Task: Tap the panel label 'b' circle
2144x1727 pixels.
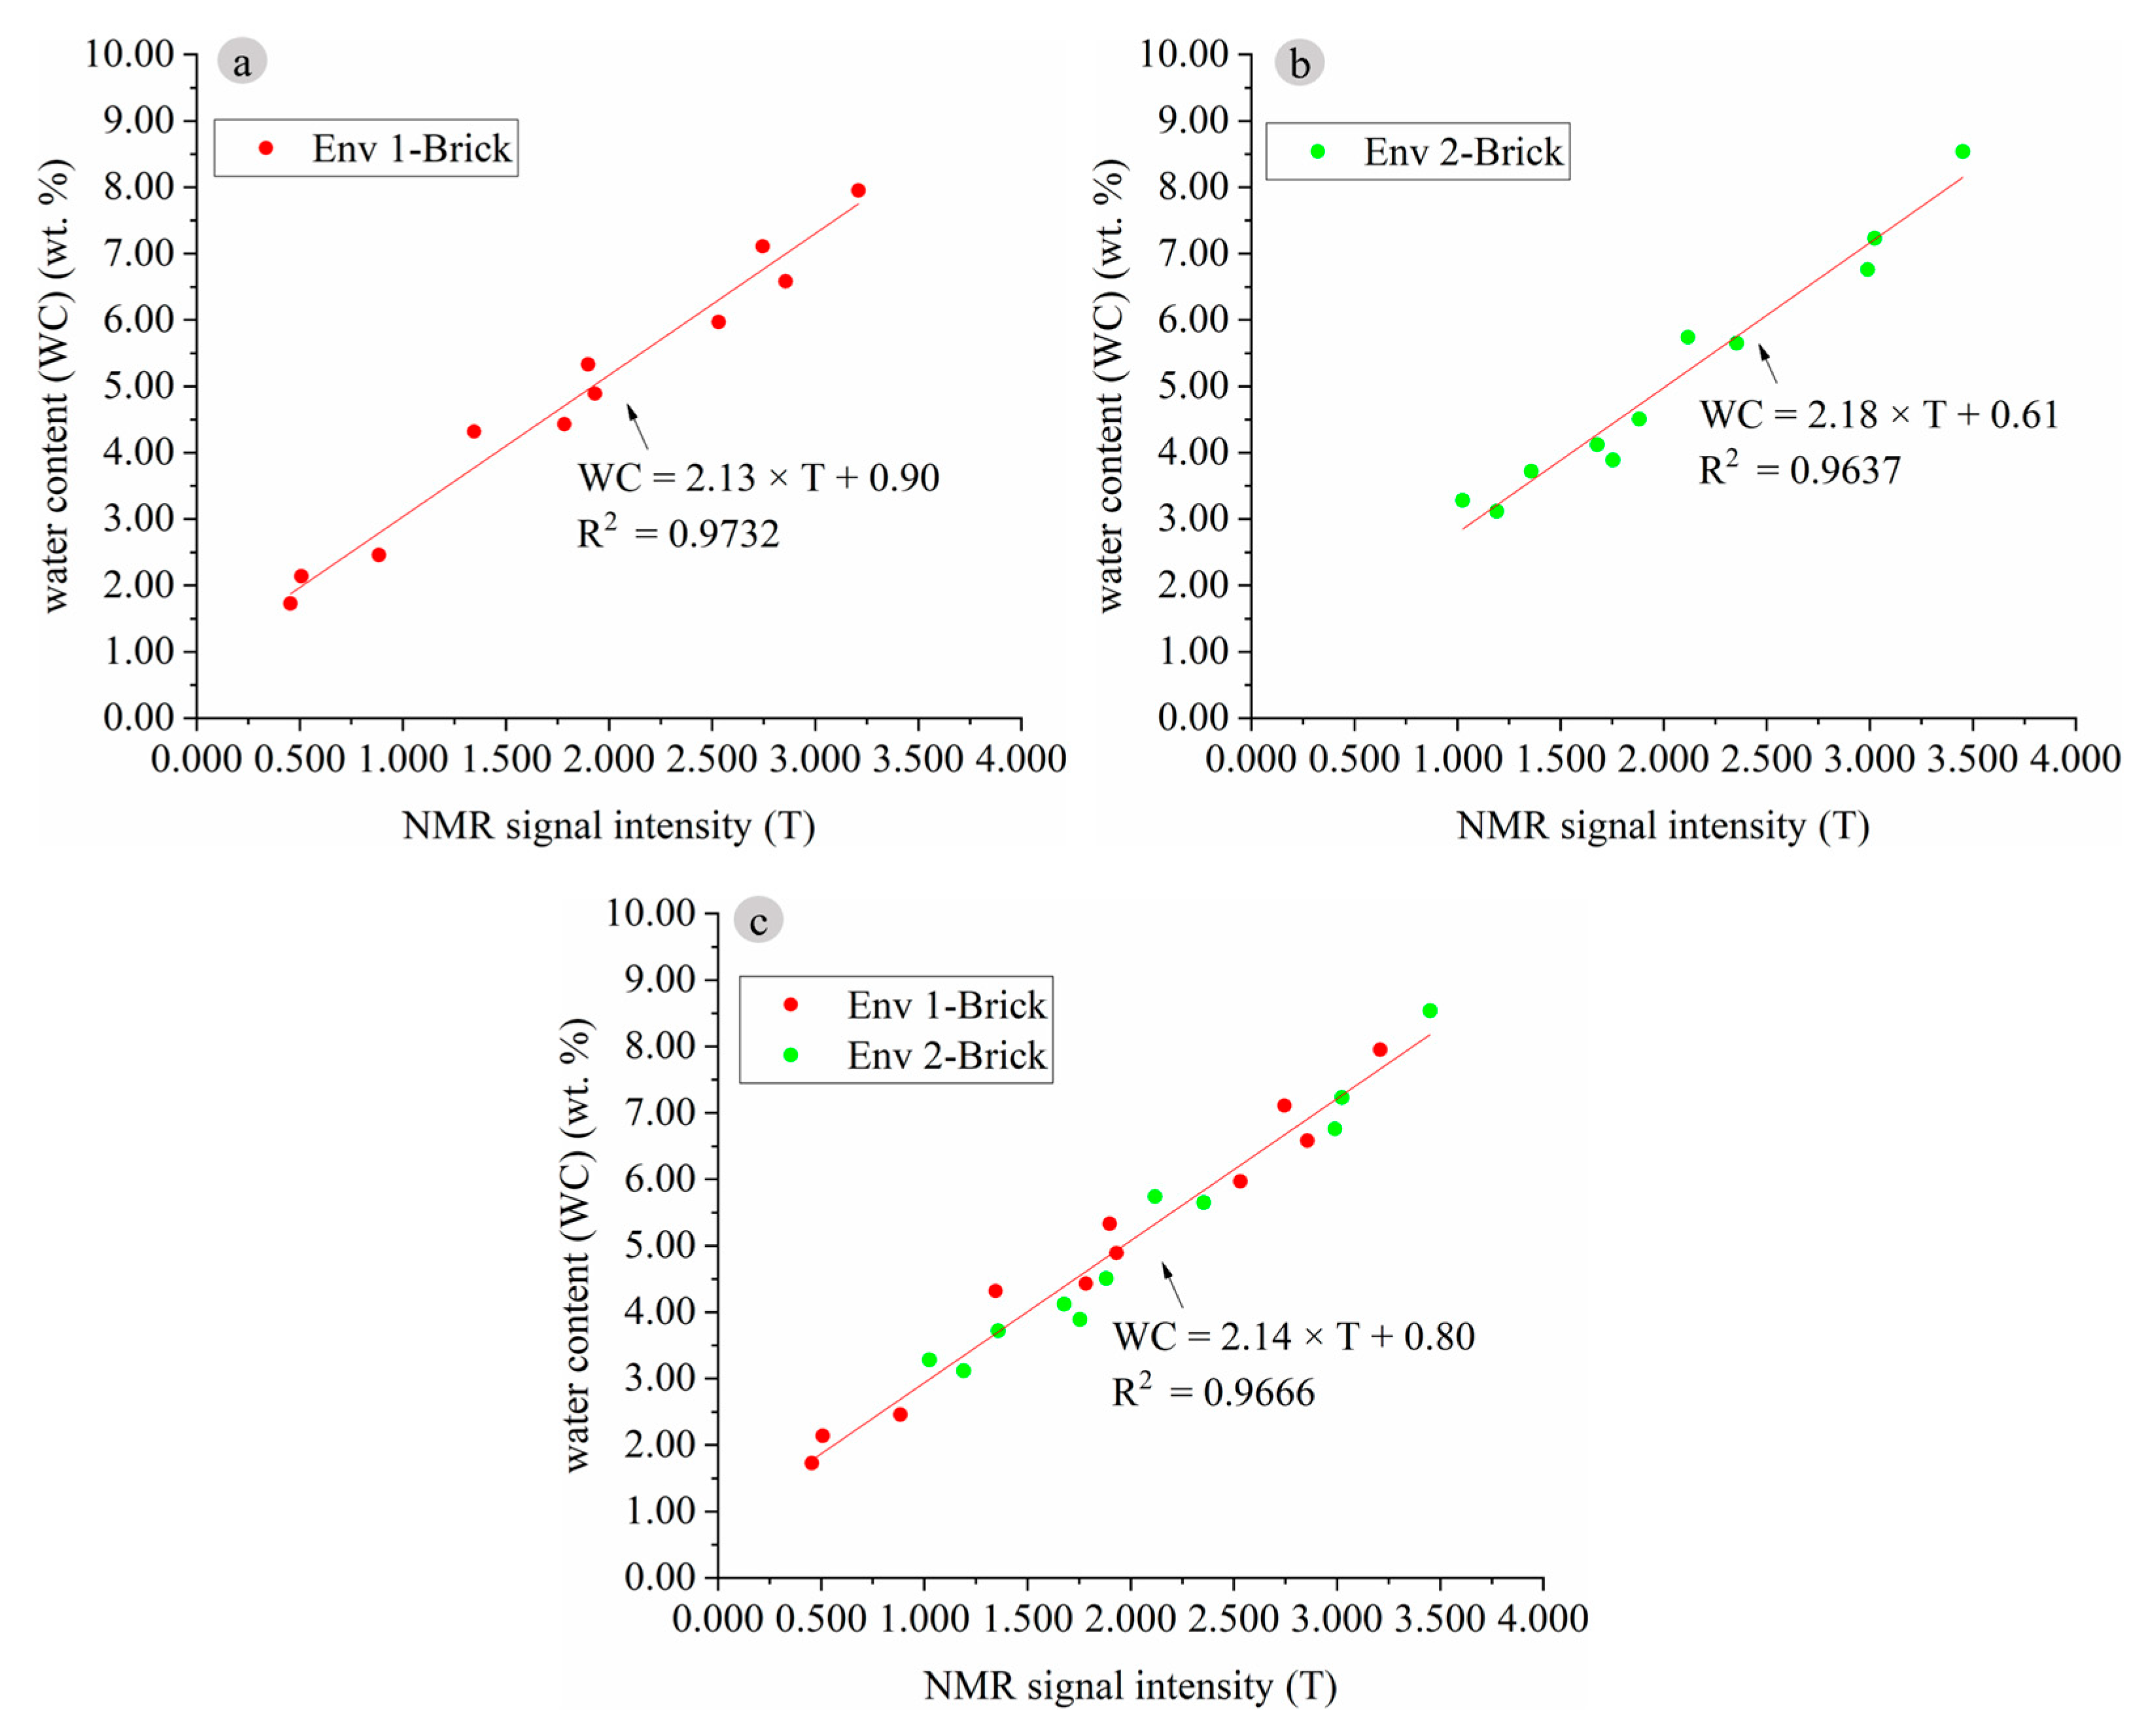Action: (x=1299, y=63)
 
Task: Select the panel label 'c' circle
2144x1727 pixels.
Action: (x=759, y=920)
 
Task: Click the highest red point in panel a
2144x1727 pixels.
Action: (x=858, y=190)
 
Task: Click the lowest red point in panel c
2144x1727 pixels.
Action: (x=812, y=1462)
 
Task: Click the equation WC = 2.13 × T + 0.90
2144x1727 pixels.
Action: (x=759, y=478)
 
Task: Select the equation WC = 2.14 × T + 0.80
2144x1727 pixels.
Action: (x=1293, y=1336)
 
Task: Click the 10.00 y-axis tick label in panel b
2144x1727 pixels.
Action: (x=1183, y=54)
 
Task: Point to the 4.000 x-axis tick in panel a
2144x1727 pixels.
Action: (x=1020, y=759)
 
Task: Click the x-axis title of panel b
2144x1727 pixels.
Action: (x=1663, y=826)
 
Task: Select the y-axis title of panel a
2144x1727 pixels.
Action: (x=57, y=385)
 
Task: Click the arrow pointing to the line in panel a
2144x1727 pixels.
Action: (x=638, y=426)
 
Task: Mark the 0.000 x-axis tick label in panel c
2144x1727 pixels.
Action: (x=718, y=1618)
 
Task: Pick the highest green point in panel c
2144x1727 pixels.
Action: (x=1430, y=1011)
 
